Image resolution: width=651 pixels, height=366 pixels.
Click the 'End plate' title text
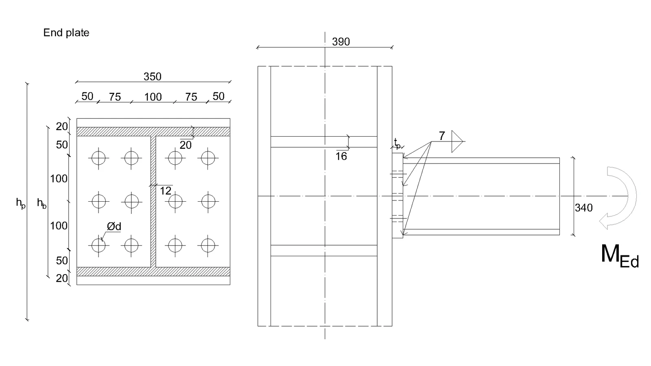[x=66, y=33]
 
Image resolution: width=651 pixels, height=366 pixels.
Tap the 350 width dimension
[x=152, y=76]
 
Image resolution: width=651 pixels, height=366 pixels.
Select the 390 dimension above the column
[x=341, y=42]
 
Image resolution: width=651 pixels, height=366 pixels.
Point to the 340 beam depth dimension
[x=583, y=208]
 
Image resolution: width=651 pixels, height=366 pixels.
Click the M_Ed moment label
[x=620, y=256]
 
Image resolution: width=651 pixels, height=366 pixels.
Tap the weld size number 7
[x=442, y=136]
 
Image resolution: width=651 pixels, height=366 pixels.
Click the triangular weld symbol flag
[x=457, y=142]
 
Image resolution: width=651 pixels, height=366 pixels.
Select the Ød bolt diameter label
[x=114, y=226]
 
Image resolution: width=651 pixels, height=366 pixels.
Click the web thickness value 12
[x=165, y=191]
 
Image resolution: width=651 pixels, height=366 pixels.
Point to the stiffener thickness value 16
[x=341, y=156]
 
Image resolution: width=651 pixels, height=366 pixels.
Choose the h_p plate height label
[x=21, y=203]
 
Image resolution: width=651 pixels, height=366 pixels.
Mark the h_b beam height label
[x=42, y=203]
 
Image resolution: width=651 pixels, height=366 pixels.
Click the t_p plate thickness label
[x=397, y=144]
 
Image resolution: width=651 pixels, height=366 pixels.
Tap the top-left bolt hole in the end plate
[x=98, y=158]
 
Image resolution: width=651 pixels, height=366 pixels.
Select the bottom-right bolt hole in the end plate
[x=208, y=246]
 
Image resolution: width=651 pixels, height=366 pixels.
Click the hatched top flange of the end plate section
[x=153, y=132]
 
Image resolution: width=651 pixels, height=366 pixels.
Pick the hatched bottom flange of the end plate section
[x=153, y=271]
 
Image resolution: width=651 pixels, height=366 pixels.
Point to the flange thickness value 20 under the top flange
[x=186, y=145]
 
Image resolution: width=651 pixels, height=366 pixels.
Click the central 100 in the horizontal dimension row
[x=153, y=97]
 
